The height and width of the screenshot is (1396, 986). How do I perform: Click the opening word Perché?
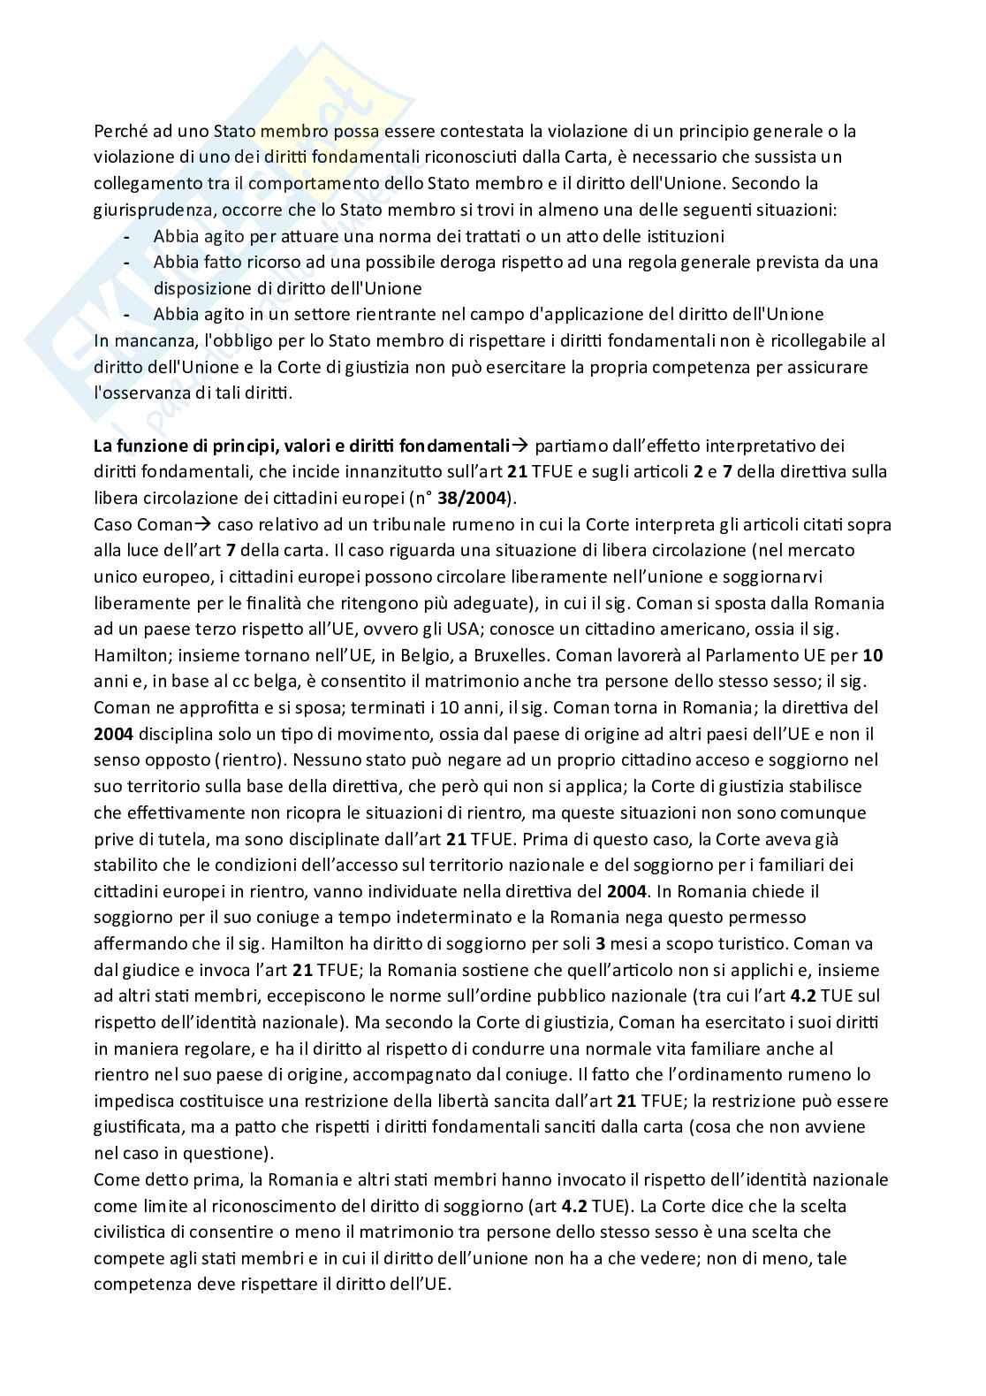118,131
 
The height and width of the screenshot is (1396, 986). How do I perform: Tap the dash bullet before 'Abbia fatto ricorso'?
128,263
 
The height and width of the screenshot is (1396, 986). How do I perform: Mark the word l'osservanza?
141,393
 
